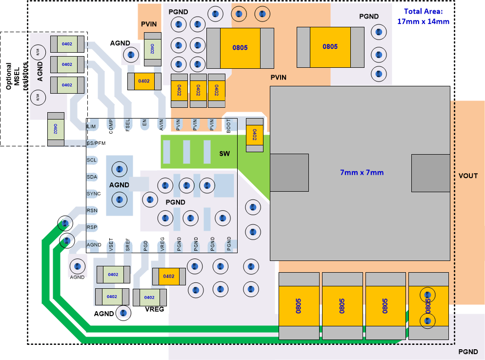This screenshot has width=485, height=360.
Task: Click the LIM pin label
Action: click(x=91, y=126)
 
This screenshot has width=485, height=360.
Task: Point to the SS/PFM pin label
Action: click(x=96, y=143)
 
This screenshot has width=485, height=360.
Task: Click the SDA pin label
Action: click(x=92, y=177)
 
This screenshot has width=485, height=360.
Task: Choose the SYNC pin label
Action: click(x=94, y=194)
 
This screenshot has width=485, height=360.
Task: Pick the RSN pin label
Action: click(x=92, y=210)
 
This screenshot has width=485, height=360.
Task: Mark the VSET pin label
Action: click(x=111, y=244)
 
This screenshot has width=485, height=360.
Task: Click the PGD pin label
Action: click(x=145, y=245)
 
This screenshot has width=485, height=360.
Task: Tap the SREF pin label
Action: click(x=128, y=244)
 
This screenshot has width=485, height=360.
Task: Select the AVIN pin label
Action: click(x=162, y=125)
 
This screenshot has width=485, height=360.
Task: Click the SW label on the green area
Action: click(x=224, y=154)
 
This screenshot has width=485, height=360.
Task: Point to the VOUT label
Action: click(x=468, y=176)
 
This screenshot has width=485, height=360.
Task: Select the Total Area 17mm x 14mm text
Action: click(x=423, y=16)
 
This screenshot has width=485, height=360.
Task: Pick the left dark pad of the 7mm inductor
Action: click(x=289, y=172)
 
